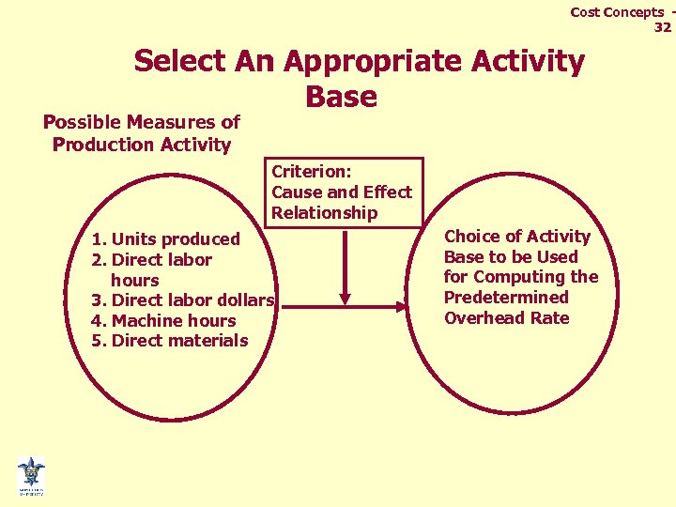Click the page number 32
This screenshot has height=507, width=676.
pos(662,27)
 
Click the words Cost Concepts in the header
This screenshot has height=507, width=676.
pos(616,12)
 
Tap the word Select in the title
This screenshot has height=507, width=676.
pos(178,62)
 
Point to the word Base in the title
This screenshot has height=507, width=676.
pos(341,97)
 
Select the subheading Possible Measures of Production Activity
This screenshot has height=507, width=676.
pos(142,133)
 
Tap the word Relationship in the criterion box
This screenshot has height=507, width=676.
pos(324,212)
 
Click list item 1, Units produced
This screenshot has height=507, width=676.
pos(165,239)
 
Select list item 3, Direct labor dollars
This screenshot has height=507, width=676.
pos(183,300)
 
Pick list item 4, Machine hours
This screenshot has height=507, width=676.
pos(163,321)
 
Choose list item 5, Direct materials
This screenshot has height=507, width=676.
pos(170,341)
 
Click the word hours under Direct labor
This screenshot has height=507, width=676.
pos(134,281)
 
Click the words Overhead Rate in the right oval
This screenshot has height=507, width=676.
pos(506,318)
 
